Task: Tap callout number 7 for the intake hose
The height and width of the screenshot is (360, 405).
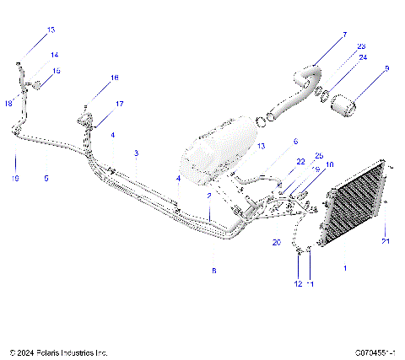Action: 344,35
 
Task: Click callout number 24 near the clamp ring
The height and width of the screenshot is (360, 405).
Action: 364,58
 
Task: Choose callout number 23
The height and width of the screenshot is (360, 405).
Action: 361,46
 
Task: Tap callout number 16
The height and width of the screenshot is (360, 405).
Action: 115,78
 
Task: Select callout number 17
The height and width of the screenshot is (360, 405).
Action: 119,104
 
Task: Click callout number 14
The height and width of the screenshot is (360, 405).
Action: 55,55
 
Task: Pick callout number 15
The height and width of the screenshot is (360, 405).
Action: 57,72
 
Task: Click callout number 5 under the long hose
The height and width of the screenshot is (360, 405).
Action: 46,178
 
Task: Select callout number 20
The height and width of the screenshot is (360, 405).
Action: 275,242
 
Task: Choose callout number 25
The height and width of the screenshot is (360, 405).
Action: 319,155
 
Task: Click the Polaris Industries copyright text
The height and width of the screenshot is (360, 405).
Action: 58,352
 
